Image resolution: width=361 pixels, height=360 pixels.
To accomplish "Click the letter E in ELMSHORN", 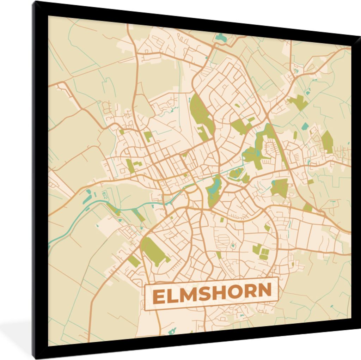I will click(159, 297).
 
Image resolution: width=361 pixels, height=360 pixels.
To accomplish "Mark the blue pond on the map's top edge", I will click(221, 37).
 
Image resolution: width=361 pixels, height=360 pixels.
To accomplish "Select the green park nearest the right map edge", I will click(327, 141).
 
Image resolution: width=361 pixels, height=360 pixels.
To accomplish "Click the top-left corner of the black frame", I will click(33, 3).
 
